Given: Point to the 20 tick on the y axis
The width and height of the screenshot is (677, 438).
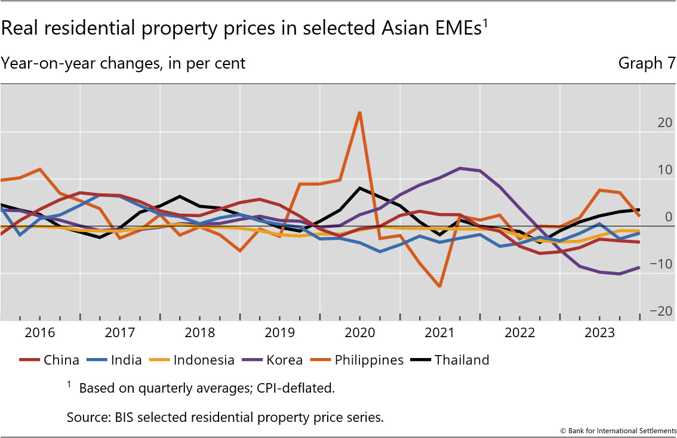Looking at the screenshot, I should tap(664, 122).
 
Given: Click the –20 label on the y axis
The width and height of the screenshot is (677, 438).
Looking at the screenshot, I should tap(662, 311).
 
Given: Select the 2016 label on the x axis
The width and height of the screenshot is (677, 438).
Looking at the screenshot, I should tap(40, 332).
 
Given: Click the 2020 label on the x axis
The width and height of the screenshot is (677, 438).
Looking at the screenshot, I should tap(359, 332).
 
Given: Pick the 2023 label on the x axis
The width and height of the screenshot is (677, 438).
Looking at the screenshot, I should tap(599, 332).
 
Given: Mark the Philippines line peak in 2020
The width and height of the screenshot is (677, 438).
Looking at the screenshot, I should tap(359, 112).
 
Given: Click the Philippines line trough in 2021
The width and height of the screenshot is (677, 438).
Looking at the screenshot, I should tap(440, 286).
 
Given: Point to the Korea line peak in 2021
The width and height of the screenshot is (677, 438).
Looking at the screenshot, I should tap(460, 168).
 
